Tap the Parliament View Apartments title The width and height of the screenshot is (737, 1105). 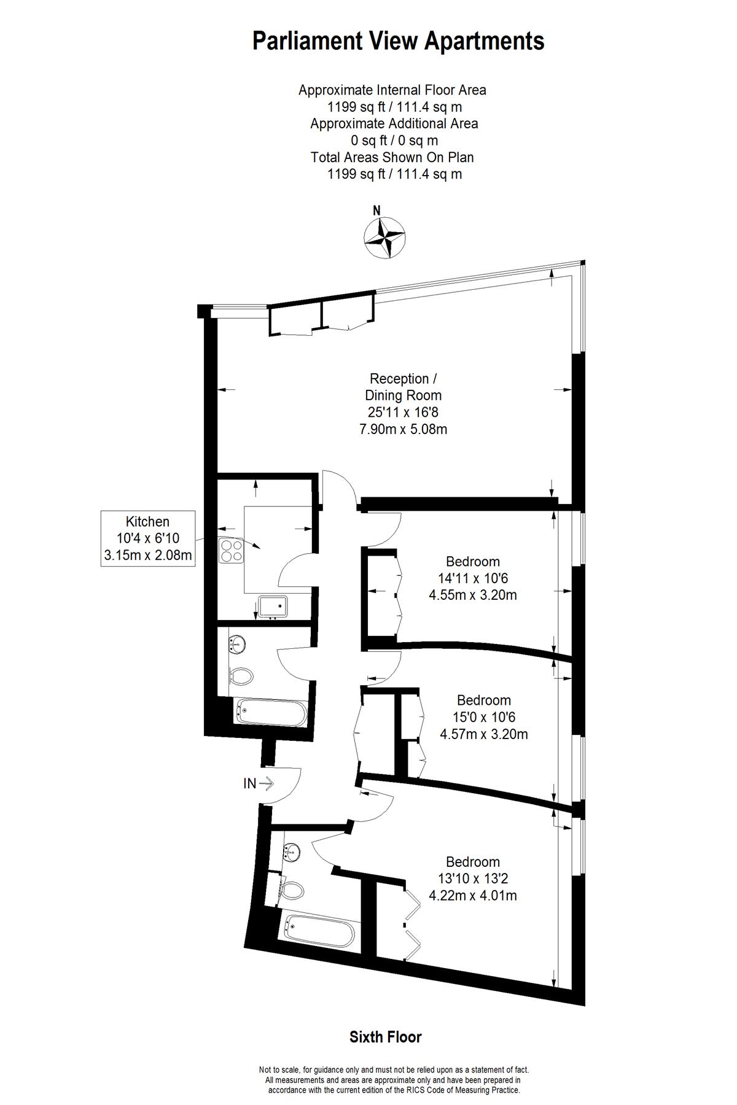tap(399, 42)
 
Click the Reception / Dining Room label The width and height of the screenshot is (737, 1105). tap(403, 387)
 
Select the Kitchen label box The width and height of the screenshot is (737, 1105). tap(148, 538)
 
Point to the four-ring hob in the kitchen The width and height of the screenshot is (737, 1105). tap(231, 550)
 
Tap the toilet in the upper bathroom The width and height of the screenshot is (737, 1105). tap(242, 676)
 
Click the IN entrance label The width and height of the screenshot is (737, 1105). tap(250, 783)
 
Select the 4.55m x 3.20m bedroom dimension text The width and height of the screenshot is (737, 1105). tap(473, 595)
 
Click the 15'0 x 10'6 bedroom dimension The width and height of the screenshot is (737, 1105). tap(484, 717)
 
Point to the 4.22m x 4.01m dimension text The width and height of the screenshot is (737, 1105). tap(473, 896)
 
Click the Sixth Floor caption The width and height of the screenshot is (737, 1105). tap(386, 1037)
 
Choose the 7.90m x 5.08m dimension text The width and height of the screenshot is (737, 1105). tap(403, 429)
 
